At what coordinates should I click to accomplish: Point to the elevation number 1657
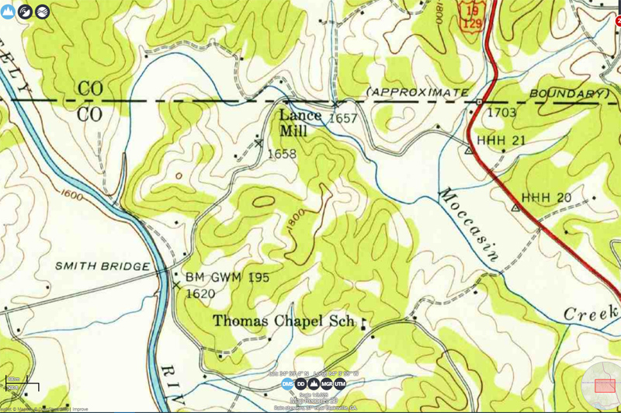pyautogui.click(x=342, y=119)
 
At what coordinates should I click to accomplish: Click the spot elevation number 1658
pyautogui.click(x=281, y=154)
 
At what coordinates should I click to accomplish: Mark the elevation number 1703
pyautogui.click(x=501, y=113)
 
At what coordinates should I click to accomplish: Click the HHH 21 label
pyautogui.click(x=501, y=139)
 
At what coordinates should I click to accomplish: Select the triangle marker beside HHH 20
pyautogui.click(x=515, y=207)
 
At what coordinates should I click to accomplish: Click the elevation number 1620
pyautogui.click(x=199, y=294)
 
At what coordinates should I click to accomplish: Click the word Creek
pyautogui.click(x=589, y=313)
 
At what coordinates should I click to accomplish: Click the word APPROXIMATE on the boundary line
pyautogui.click(x=418, y=93)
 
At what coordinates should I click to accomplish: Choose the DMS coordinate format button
pyautogui.click(x=287, y=384)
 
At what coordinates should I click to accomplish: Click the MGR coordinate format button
pyautogui.click(x=327, y=384)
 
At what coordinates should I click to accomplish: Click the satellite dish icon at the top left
pyautogui.click(x=25, y=11)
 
